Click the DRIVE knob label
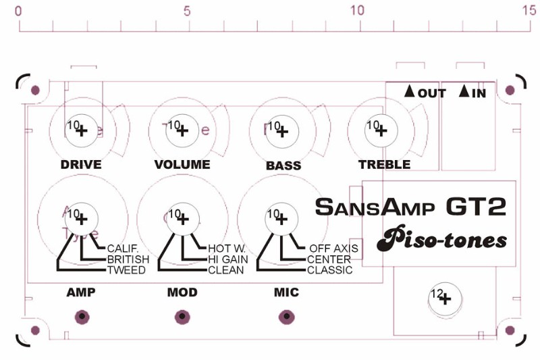click(x=80, y=165)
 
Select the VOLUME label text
click(x=182, y=165)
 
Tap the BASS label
click(x=283, y=165)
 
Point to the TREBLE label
click(x=384, y=165)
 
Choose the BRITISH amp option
click(x=128, y=259)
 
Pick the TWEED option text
click(x=126, y=270)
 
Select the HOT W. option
click(x=227, y=249)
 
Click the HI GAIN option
click(x=227, y=259)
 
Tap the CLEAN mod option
click(x=226, y=270)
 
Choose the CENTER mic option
click(x=329, y=259)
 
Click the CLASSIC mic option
click(x=329, y=270)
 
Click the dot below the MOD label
click(x=182, y=316)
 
